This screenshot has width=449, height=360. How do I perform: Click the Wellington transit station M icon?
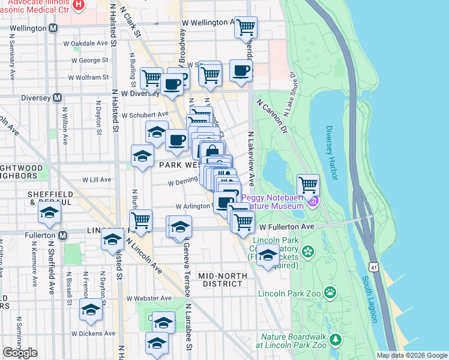[53, 28]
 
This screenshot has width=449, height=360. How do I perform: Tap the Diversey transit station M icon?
[58, 97]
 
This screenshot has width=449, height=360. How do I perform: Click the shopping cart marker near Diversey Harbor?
[308, 184]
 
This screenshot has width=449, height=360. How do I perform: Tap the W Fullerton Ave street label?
[287, 227]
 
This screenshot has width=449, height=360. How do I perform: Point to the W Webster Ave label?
[148, 298]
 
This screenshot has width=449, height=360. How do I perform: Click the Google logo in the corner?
[20, 353]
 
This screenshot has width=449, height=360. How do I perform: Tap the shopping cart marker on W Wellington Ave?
[245, 27]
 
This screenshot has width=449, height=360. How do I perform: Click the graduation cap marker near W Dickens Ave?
[91, 310]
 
